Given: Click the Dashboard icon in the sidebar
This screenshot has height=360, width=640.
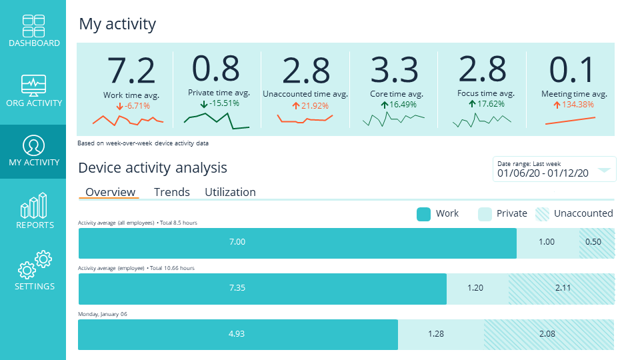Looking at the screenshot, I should click(33, 25).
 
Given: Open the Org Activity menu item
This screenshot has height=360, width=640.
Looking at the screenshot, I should click(33, 85).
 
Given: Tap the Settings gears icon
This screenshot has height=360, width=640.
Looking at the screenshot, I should click(35, 265).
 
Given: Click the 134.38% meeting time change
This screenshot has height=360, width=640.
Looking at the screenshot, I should click(573, 104).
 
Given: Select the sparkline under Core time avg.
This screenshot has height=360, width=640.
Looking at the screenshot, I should click(393, 119).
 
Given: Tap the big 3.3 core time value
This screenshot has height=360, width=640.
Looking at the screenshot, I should click(394, 69).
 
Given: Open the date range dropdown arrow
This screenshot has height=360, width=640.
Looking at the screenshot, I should click(604, 170).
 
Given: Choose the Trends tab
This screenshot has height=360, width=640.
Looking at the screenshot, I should click(171, 192).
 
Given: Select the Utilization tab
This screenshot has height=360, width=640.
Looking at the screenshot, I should click(230, 192).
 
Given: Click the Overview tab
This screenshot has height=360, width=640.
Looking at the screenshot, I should click(110, 192).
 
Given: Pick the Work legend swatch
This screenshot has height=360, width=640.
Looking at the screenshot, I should click(423, 214).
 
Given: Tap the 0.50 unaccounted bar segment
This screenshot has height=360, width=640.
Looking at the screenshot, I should click(596, 242).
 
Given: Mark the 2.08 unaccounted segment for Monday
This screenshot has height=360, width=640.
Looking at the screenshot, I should click(548, 334).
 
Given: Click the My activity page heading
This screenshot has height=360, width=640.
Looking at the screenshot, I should click(117, 25).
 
